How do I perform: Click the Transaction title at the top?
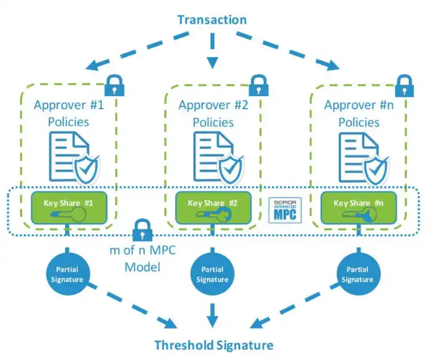[212, 20]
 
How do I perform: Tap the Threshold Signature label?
[213, 345]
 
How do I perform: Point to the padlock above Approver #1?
[114, 84]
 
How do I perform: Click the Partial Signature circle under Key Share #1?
[67, 274]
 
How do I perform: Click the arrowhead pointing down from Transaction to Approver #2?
[212, 63]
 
